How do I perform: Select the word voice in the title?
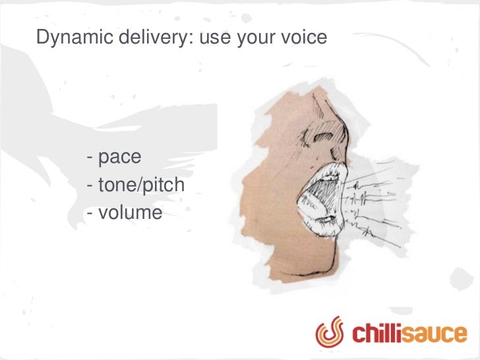tap(304, 38)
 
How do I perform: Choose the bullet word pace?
tap(120, 158)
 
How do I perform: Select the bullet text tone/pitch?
tap(141, 186)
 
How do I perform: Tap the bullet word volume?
tap(130, 213)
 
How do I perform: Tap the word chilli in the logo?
tap(379, 333)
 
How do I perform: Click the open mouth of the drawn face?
tap(315, 198)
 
